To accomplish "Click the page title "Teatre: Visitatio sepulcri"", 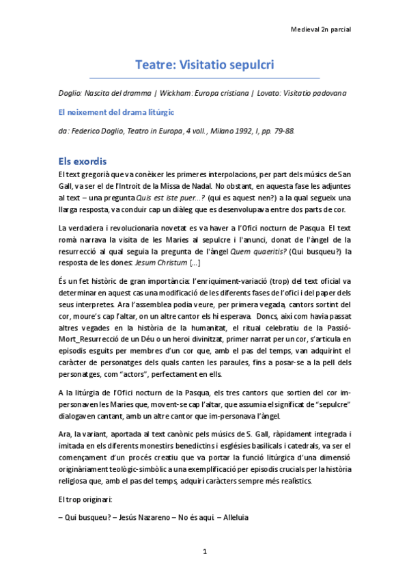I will point(204,66).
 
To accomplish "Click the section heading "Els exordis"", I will point(82,161).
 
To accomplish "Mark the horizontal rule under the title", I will point(204,78).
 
